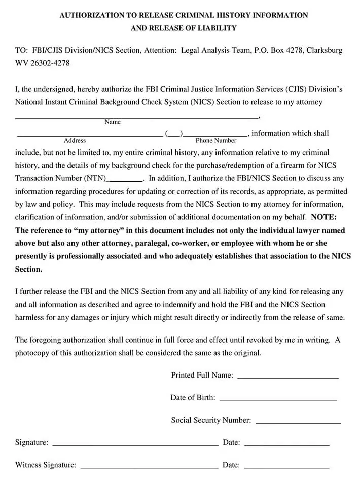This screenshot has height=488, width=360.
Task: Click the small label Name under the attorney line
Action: (113, 122)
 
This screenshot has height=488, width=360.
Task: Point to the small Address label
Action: (75, 141)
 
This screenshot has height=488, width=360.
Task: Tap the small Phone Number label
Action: (216, 141)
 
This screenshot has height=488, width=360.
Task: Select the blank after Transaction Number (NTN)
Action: (126, 179)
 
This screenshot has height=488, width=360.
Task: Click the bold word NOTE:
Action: (327, 217)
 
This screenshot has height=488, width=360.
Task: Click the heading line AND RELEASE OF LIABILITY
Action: (184, 28)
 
